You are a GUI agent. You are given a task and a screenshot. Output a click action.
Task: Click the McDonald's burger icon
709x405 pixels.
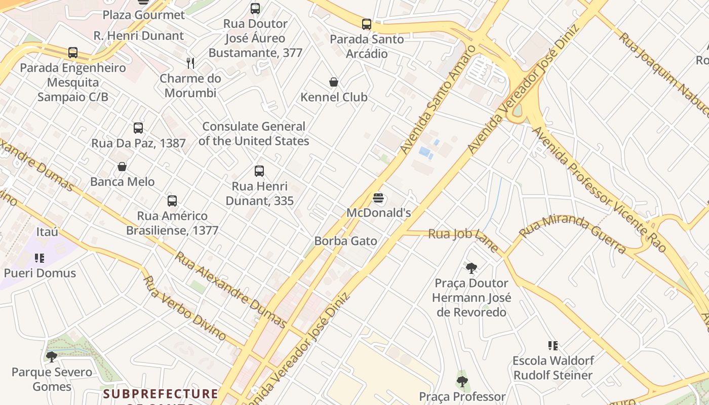(x=378, y=198)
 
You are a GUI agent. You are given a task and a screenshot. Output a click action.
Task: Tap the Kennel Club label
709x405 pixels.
(x=334, y=97)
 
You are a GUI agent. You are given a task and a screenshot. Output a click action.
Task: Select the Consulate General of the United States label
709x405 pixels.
(x=253, y=134)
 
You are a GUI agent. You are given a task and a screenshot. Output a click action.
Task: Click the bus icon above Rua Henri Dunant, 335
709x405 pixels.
(x=259, y=171)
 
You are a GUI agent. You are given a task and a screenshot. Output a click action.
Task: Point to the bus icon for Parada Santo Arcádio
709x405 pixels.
(x=366, y=24)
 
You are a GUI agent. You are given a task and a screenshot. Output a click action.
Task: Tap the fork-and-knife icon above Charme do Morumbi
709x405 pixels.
(x=190, y=63)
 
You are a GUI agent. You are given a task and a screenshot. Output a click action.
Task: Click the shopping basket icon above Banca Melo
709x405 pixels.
(x=122, y=167)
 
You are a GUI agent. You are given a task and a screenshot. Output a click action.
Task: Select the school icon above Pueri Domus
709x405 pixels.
(x=40, y=259)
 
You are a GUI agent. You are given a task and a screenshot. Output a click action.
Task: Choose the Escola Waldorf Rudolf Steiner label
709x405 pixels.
(x=553, y=368)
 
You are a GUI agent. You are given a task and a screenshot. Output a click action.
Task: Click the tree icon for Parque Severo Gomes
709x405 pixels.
(x=51, y=357)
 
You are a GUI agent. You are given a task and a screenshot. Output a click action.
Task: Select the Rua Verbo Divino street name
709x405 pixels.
(x=184, y=308)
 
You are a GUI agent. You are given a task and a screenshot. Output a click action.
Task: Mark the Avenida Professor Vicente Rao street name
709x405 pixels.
(x=598, y=188)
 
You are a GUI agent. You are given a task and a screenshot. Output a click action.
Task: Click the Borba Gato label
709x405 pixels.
(x=345, y=241)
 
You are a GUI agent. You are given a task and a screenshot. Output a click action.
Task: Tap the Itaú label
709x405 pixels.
(x=47, y=232)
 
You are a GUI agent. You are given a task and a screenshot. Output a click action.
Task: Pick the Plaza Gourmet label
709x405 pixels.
(x=144, y=15)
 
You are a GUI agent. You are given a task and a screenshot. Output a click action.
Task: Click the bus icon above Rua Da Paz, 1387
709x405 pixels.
(x=138, y=128)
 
